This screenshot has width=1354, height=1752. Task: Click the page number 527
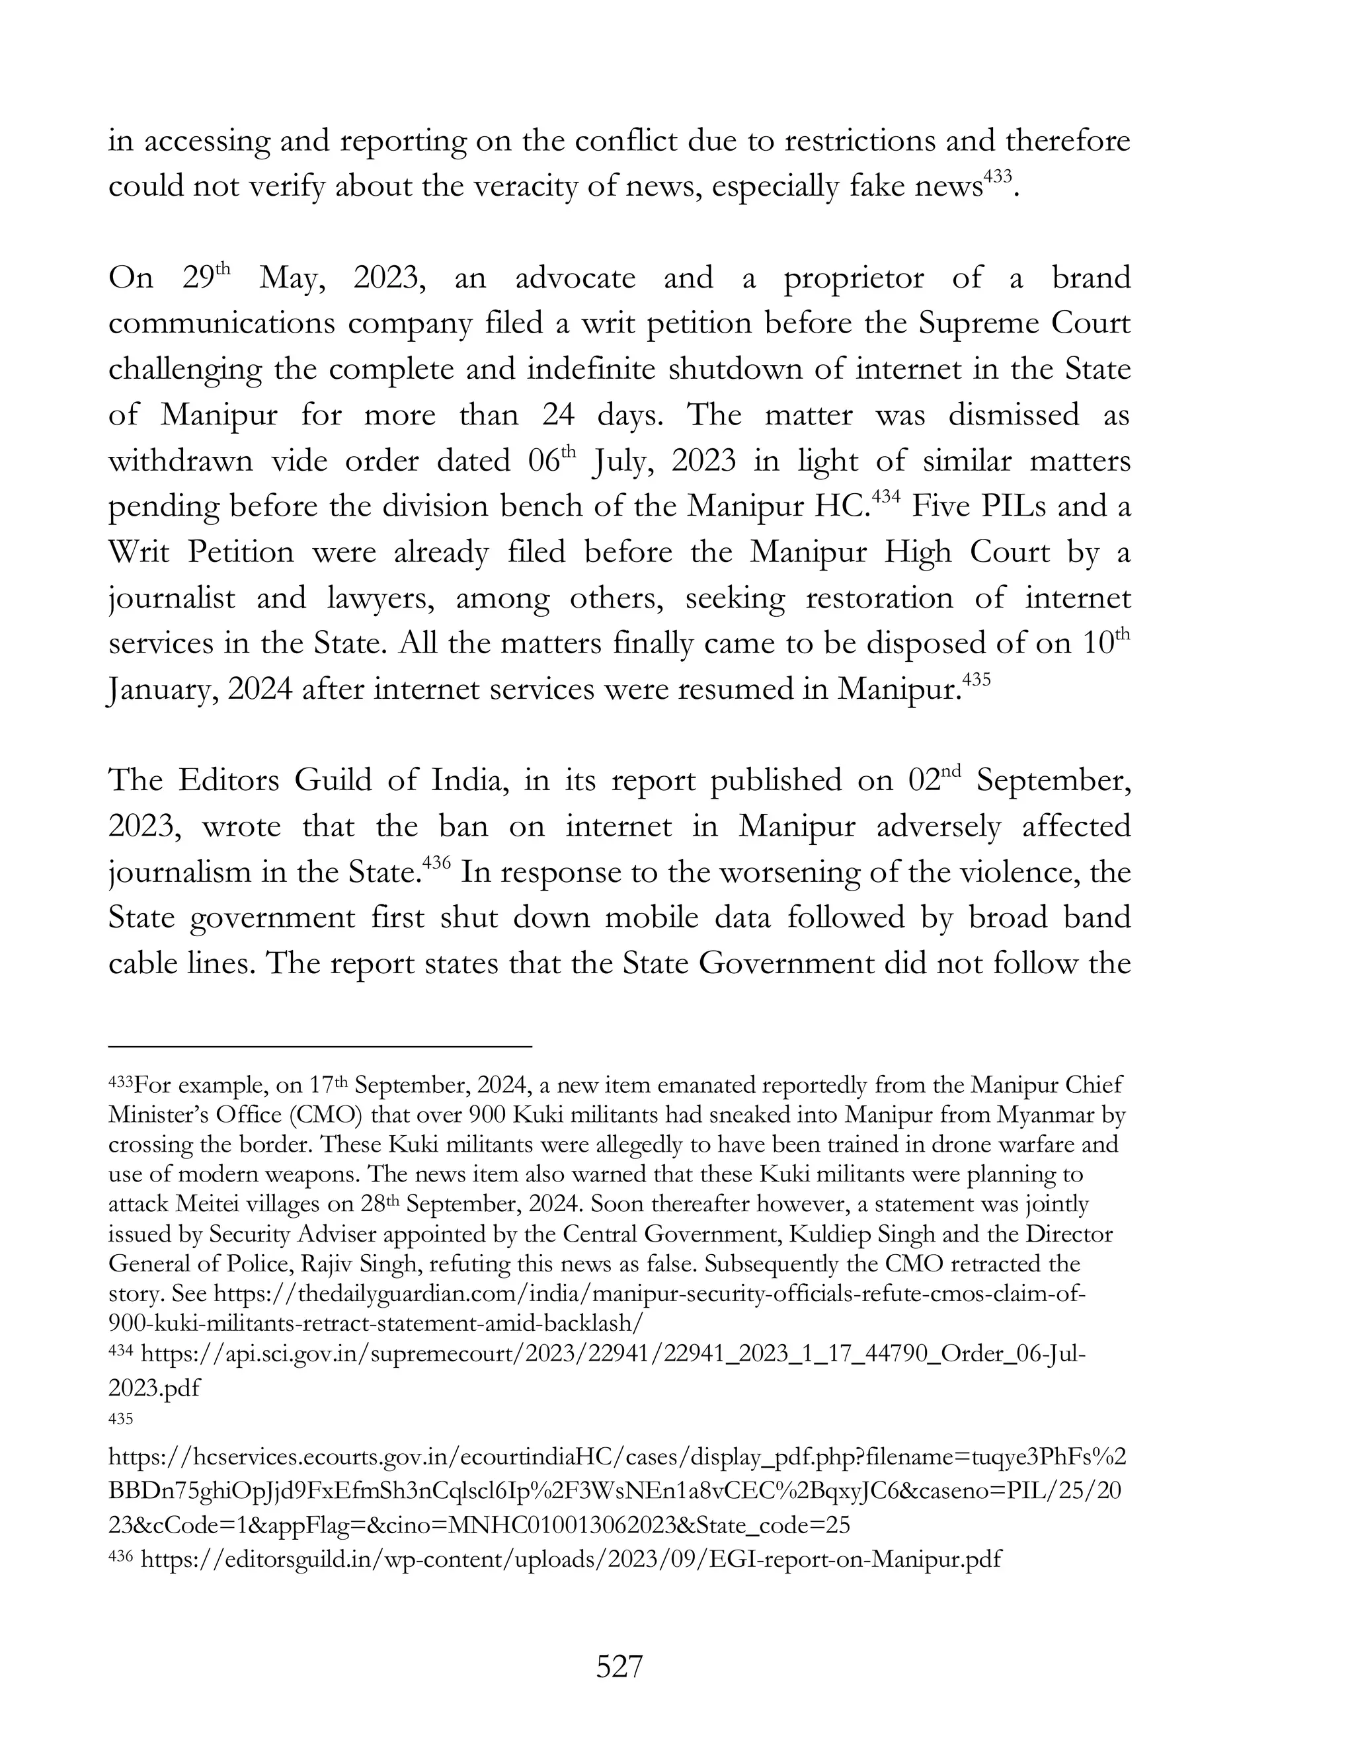619,1667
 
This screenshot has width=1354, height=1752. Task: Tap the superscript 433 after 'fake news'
999,177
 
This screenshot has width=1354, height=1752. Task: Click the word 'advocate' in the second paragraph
575,278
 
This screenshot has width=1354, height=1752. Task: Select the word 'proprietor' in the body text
854,278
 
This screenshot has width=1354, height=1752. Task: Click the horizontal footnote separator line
320,1046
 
